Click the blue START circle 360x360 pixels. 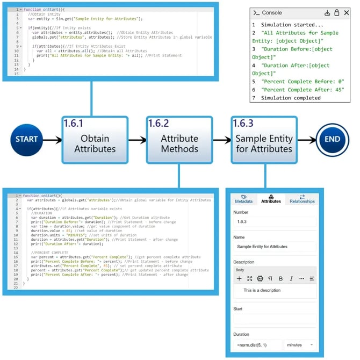[26, 139]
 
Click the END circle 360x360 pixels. [332, 139]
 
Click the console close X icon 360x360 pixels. [346, 13]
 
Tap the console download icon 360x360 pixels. [327, 13]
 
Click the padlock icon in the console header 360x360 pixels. [337, 13]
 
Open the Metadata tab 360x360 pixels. [243, 199]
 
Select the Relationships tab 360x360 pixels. [302, 199]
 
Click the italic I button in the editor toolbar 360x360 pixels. [291, 279]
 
